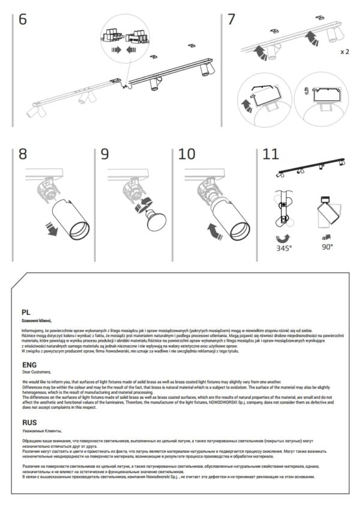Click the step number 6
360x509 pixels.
(23, 19)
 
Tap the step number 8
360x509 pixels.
(23, 154)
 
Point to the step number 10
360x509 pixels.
(187, 154)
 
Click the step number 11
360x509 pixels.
(271, 154)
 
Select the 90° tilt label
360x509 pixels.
(326, 246)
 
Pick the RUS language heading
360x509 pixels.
(29, 422)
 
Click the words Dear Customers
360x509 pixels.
(37, 372)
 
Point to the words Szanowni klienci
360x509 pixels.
(37, 321)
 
